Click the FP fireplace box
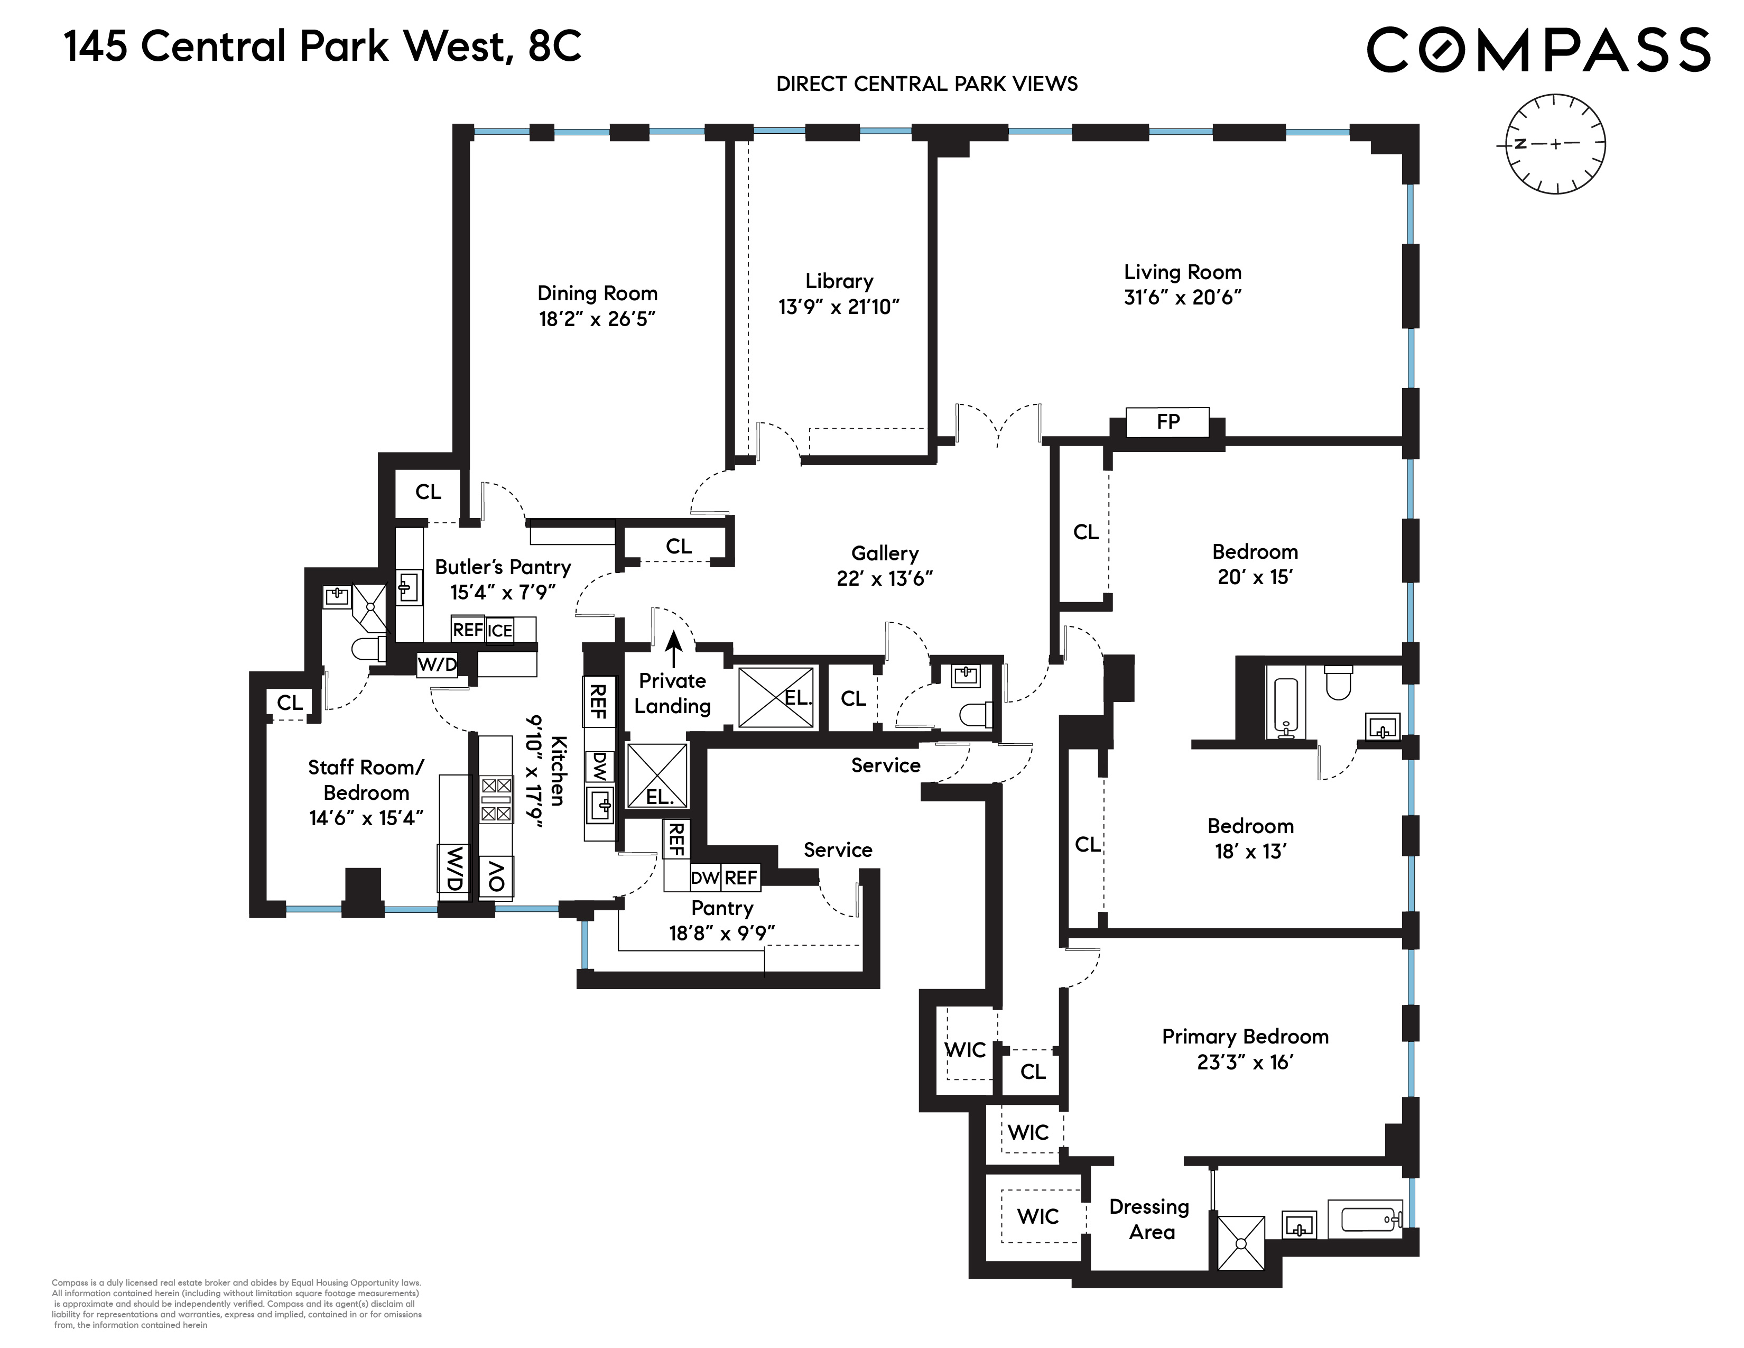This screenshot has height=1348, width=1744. pyautogui.click(x=1167, y=422)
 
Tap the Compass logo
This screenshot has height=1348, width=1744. pyautogui.click(x=1538, y=50)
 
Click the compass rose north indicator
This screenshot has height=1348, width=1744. pyautogui.click(x=1520, y=144)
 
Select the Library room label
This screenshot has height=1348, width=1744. pyautogui.click(x=839, y=281)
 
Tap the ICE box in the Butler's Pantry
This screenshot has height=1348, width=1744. pyautogui.click(x=500, y=630)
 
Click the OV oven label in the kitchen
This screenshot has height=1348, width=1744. pyautogui.click(x=496, y=876)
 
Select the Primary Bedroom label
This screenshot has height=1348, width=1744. pyautogui.click(x=1244, y=1037)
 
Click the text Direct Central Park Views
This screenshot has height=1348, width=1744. pyautogui.click(x=926, y=84)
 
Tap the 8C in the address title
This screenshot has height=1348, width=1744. pyautogui.click(x=554, y=47)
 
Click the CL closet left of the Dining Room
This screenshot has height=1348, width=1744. pyautogui.click(x=428, y=492)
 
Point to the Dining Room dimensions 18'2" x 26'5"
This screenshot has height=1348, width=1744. pyautogui.click(x=597, y=319)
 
